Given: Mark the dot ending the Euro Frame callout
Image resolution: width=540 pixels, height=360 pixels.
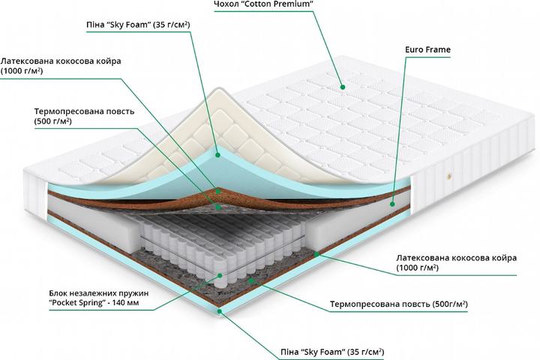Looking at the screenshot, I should coord(392,202).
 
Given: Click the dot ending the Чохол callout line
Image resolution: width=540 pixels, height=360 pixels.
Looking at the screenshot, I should coord(342,85).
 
